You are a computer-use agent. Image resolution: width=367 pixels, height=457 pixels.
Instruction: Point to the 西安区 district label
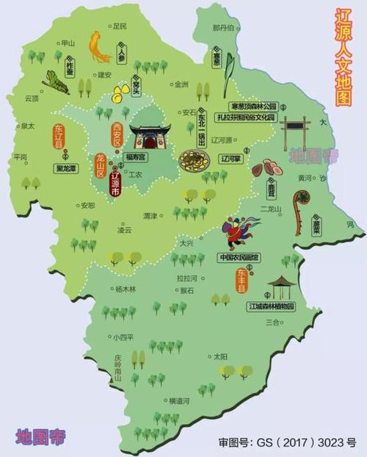[116, 137]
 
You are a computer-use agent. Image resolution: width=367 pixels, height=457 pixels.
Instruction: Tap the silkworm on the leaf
[54, 81]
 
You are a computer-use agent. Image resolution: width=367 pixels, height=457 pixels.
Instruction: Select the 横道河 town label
[178, 401]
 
